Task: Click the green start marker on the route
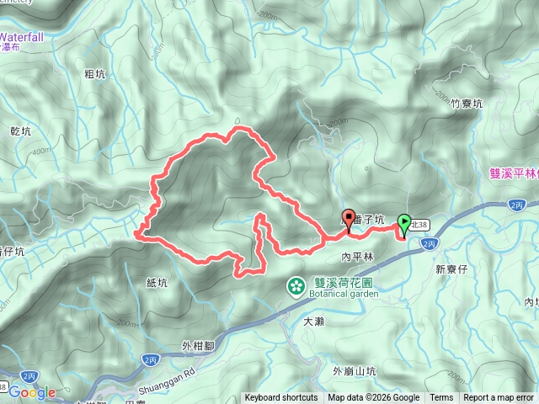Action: (x=404, y=224)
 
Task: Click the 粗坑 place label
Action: (x=95, y=73)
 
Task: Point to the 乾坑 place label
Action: (x=19, y=131)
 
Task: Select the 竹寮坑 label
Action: (x=466, y=104)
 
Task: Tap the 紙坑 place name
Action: (x=157, y=283)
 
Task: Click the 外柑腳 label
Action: (x=199, y=344)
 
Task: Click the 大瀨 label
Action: (x=313, y=321)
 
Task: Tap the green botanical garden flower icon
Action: (x=296, y=287)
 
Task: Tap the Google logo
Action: (x=32, y=392)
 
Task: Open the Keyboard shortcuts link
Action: (x=281, y=398)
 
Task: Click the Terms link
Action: (x=441, y=398)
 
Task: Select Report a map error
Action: (x=499, y=398)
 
